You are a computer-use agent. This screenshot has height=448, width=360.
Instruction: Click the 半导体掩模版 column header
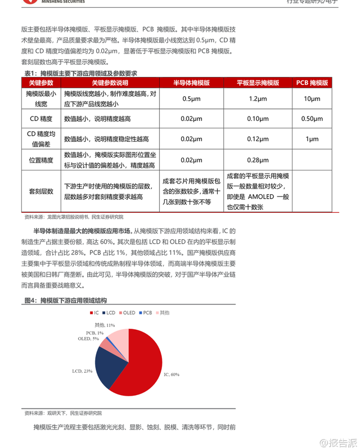point(191,82)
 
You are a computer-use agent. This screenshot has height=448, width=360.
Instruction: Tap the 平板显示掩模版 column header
point(258,82)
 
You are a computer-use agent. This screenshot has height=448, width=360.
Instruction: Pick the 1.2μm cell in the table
point(258,99)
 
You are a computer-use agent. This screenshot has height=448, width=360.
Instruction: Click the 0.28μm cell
point(258,160)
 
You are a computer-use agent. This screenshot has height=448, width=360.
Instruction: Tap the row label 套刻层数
point(41,191)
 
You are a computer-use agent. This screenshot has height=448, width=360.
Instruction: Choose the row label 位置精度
point(41,160)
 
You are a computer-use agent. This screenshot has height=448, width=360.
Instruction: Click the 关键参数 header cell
point(41,82)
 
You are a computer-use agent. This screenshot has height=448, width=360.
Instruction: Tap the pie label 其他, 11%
point(105,325)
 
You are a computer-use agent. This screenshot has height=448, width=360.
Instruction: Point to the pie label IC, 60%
point(172,374)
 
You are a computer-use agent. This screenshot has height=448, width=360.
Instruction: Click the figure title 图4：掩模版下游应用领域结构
point(65,301)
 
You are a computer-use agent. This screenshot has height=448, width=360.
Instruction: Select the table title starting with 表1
point(80,74)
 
